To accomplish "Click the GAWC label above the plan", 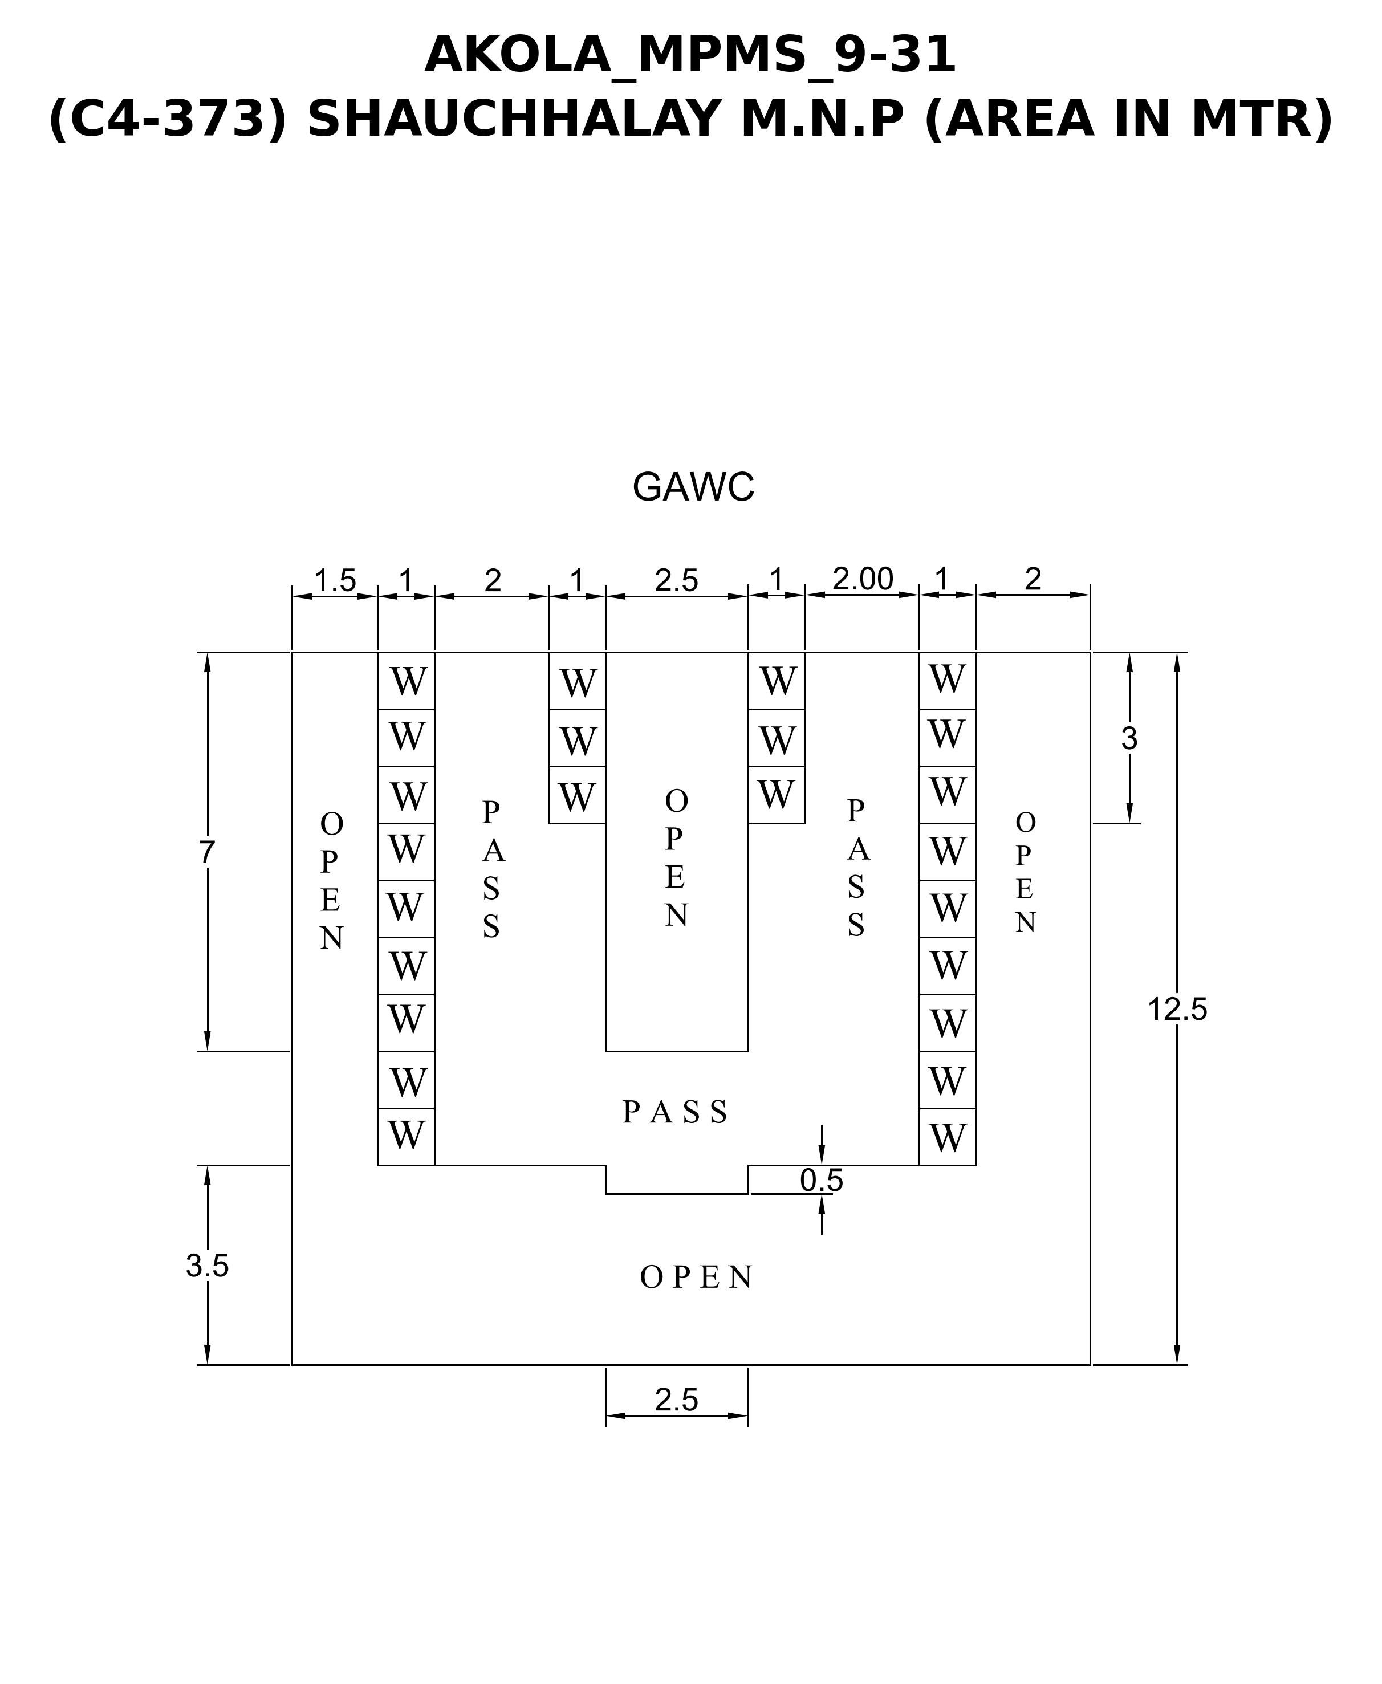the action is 693,487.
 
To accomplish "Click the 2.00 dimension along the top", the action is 863,579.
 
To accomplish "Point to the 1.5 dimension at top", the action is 334,581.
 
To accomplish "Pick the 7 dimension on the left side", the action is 207,852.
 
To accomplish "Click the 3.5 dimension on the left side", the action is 207,1266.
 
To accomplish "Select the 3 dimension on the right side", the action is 1129,739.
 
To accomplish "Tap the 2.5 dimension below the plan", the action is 677,1400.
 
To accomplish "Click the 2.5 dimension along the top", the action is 677,581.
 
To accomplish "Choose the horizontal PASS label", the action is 674,1112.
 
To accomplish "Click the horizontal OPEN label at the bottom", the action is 696,1278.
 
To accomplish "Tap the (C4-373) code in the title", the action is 167,119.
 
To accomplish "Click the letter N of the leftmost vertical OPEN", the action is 331,939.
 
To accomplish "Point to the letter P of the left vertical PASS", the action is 491,812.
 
